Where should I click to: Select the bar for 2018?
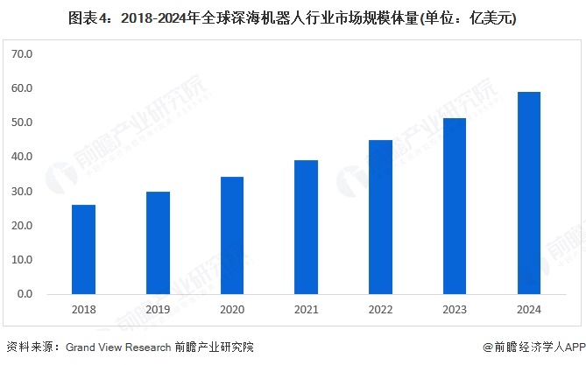pos(84,249)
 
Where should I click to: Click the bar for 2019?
pos(158,242)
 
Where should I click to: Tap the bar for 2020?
pos(232,235)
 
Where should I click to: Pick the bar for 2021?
pos(306,227)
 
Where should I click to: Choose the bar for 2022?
pos(380,217)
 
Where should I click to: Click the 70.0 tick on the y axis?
pos(22,54)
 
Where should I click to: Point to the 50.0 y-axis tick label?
pos(22,123)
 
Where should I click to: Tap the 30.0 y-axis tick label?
pos(22,192)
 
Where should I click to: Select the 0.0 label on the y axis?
pos(25,294)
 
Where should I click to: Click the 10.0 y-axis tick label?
pos(22,260)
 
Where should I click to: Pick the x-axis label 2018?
pos(84,310)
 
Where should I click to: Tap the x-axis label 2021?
pos(306,310)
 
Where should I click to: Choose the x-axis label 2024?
pos(528,310)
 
